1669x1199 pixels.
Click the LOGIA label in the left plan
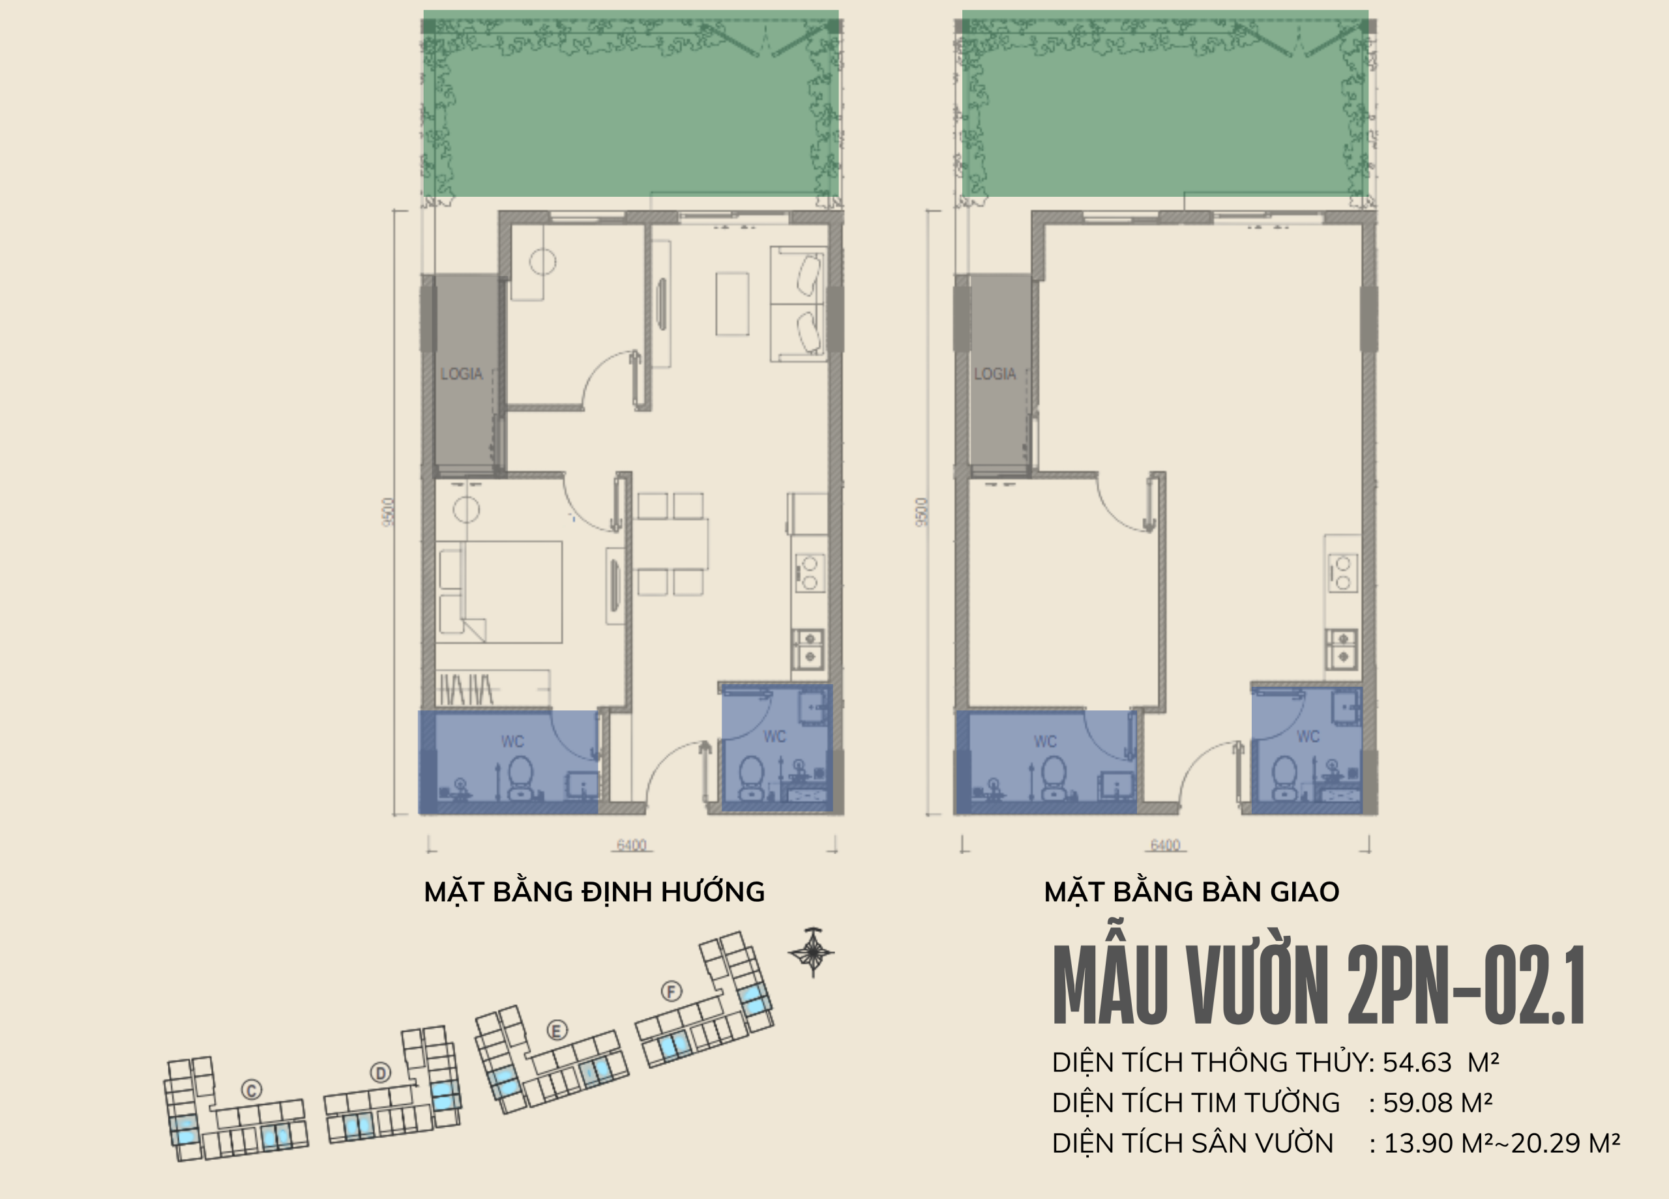pos(462,373)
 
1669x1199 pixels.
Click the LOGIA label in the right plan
pos(995,373)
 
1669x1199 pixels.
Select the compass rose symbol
pos(812,952)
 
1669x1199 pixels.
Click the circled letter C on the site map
pos(252,1090)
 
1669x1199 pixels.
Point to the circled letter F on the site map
pos(671,991)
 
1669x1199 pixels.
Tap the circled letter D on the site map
pos(381,1073)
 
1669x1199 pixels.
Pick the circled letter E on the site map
pos(556,1030)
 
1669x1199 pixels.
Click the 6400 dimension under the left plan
pos(631,845)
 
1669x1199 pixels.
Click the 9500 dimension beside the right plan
pos(922,512)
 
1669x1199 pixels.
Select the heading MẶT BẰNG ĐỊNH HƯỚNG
pos(594,891)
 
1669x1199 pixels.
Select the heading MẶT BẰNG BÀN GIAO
pos(1191,891)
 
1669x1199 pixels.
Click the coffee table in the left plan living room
pos(732,304)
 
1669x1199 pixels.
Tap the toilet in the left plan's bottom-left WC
pos(521,775)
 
